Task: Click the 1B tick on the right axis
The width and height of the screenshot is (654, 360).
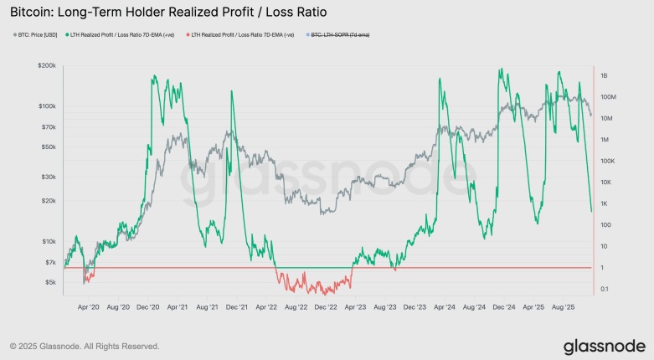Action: point(603,75)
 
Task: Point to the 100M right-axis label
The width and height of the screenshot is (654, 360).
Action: point(608,97)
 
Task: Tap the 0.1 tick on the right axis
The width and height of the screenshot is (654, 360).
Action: point(605,289)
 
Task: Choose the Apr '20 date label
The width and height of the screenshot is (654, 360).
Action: point(88,307)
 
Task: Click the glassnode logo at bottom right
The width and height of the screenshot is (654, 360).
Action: point(603,346)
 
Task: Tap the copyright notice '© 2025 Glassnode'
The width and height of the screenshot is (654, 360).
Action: point(84,346)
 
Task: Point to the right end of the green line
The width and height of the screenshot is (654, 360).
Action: point(591,211)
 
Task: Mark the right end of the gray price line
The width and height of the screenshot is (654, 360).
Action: point(591,115)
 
